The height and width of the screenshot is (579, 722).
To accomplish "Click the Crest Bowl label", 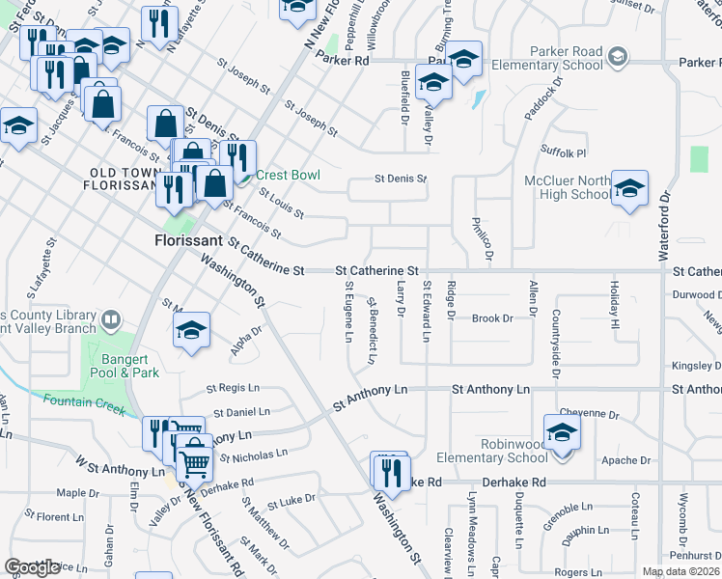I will [286, 176].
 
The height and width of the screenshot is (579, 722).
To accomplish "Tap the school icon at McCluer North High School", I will [629, 188].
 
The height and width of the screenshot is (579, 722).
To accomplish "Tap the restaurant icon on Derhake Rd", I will [391, 471].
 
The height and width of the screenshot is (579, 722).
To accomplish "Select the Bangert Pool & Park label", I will [131, 366].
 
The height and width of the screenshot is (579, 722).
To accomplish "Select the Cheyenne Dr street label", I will [588, 415].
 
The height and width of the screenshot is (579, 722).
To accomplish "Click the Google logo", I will [33, 567].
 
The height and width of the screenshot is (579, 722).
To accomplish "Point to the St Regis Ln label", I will [233, 389].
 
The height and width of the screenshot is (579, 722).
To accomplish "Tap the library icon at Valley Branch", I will [111, 318].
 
